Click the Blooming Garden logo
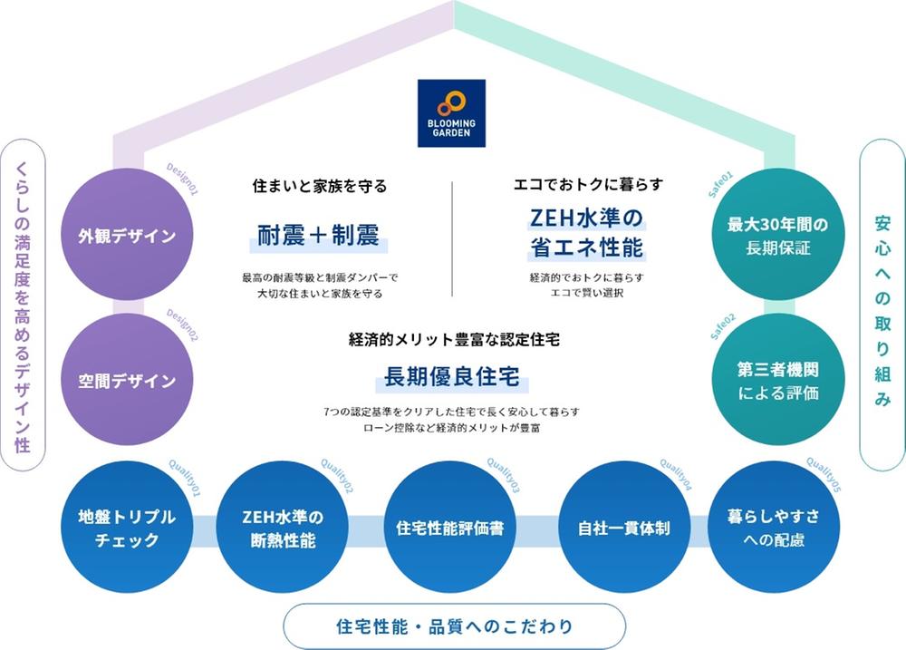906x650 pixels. (x=451, y=113)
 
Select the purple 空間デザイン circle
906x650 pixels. (x=127, y=381)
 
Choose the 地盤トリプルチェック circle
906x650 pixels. (x=127, y=529)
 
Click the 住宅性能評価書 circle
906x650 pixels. (x=450, y=528)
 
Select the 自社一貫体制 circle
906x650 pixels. (x=624, y=528)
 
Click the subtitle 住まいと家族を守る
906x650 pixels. (x=319, y=187)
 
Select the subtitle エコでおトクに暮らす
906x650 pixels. (x=588, y=186)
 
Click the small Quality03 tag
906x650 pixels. (x=503, y=476)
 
